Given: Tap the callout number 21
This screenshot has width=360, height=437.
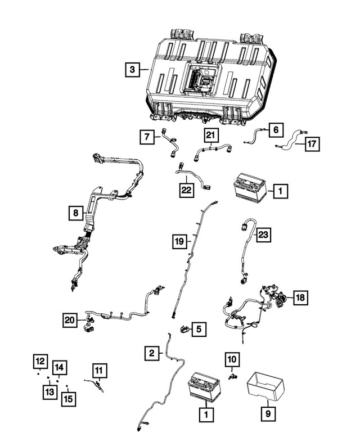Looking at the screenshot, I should (210, 135).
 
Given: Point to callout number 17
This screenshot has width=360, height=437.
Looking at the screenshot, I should (312, 144).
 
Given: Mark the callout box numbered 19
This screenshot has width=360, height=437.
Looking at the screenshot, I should (178, 242).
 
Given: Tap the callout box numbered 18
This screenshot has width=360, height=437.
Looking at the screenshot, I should (300, 298).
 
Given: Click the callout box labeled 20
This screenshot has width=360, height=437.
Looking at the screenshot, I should (69, 320).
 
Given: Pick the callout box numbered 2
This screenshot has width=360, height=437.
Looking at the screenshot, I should (151, 353).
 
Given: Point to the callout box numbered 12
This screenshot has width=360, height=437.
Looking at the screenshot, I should (39, 361).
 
